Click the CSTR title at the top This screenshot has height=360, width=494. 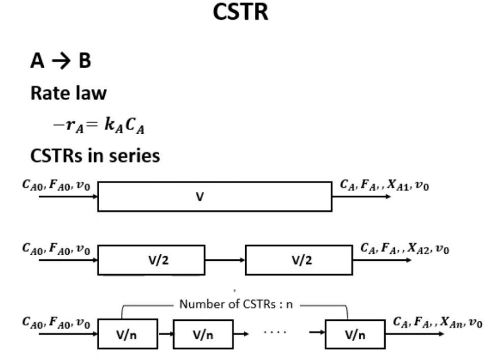240,13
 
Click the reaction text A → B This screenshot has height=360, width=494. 61,61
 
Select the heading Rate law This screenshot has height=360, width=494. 69,93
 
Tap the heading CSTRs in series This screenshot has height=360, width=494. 95,156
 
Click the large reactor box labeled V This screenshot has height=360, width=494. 215,197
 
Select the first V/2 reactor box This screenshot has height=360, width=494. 151,260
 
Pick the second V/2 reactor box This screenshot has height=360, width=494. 299,260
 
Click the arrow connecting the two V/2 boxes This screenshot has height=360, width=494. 225,260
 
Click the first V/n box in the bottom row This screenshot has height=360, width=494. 128,334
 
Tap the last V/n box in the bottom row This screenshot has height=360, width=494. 355,334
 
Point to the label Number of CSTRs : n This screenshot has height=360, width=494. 236,305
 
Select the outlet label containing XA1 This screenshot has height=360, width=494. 384,186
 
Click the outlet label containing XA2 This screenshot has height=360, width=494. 404,249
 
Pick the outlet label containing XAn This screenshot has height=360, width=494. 438,322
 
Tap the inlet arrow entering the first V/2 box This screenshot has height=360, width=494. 68,260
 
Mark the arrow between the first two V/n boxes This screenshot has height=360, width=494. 165,334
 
